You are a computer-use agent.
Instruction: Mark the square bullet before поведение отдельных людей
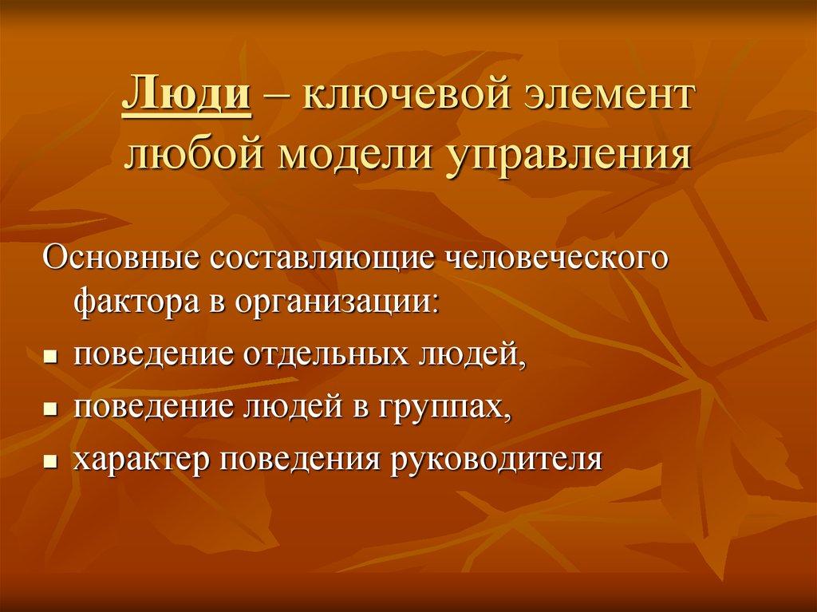coord(49,354)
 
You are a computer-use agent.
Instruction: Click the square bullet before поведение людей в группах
coord(49,408)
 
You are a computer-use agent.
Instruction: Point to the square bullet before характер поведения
coord(49,461)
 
